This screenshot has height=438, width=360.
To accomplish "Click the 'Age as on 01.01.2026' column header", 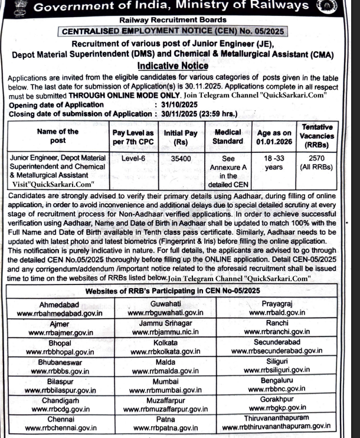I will (x=274, y=136).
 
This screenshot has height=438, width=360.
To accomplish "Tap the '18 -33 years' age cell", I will (x=274, y=164).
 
